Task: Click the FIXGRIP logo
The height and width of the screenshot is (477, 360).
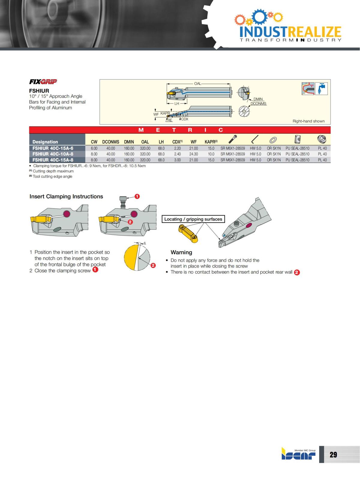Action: click(43, 82)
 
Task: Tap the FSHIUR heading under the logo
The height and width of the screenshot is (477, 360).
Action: click(39, 91)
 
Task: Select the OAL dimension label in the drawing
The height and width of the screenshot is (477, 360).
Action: click(197, 84)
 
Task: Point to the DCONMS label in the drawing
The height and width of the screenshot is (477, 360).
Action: click(258, 103)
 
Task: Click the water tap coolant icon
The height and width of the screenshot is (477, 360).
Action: click(321, 88)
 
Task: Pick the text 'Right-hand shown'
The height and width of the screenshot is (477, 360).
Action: click(308, 121)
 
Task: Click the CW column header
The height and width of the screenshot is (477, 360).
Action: click(94, 142)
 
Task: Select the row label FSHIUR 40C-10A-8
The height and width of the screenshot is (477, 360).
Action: click(53, 154)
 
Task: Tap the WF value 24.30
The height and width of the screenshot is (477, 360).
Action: click(193, 154)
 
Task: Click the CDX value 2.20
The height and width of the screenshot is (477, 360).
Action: click(177, 148)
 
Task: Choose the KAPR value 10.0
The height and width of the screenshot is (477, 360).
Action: click(211, 154)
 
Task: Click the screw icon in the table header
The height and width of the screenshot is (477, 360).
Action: click(232, 139)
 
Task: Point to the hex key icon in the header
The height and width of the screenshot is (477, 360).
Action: click(255, 139)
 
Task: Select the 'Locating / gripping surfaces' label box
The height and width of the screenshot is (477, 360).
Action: click(193, 219)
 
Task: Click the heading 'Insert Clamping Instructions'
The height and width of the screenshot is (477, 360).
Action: click(66, 196)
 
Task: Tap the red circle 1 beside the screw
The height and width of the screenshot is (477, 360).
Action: click(137, 196)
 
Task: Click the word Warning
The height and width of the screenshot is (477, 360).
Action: click(181, 252)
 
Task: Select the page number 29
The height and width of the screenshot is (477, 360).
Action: click(333, 455)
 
